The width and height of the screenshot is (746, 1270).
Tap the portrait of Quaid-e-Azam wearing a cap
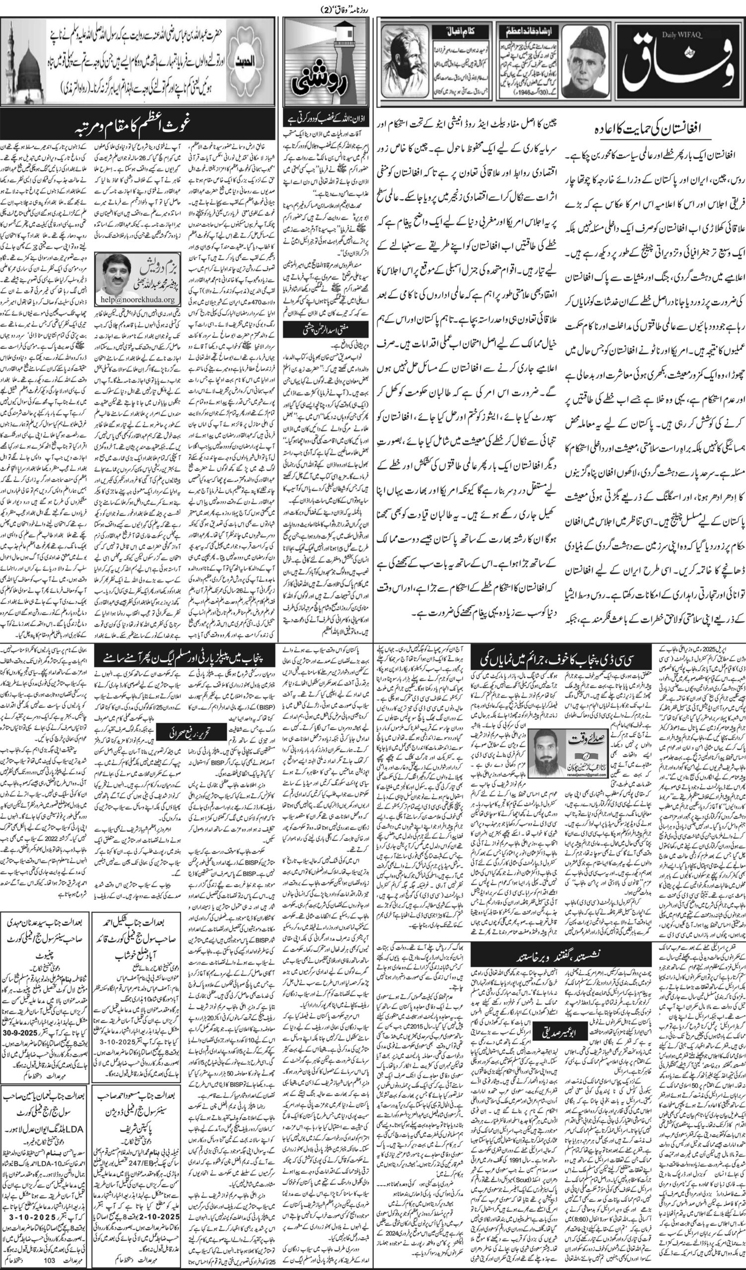coord(593,63)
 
